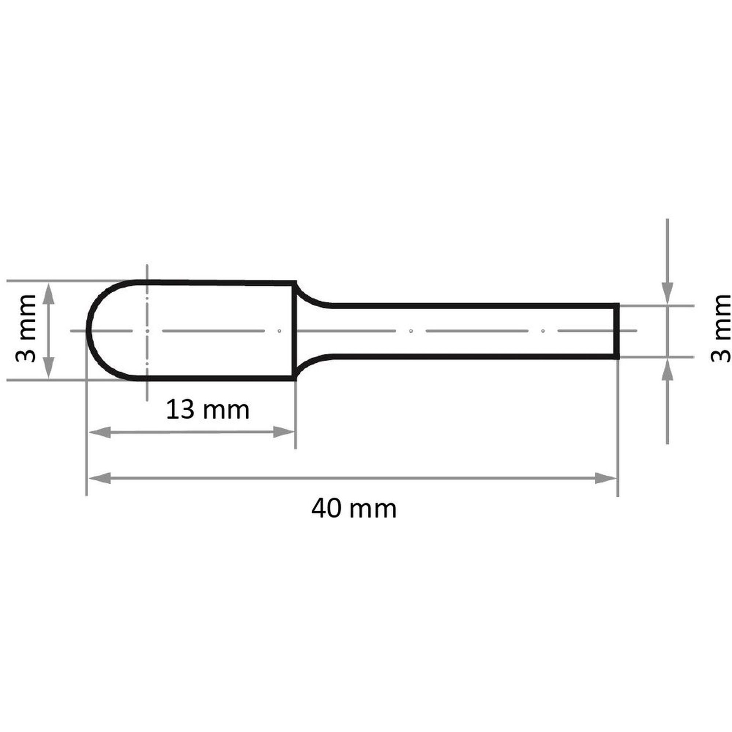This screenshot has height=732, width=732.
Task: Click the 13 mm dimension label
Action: (x=208, y=410)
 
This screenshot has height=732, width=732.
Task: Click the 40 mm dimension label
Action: (x=354, y=509)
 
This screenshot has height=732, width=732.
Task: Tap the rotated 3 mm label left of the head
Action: (x=25, y=329)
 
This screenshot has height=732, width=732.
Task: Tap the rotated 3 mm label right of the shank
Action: (x=720, y=329)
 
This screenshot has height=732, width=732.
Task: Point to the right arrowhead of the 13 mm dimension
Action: (x=283, y=432)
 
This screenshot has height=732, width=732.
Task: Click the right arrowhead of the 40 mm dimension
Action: (x=606, y=478)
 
